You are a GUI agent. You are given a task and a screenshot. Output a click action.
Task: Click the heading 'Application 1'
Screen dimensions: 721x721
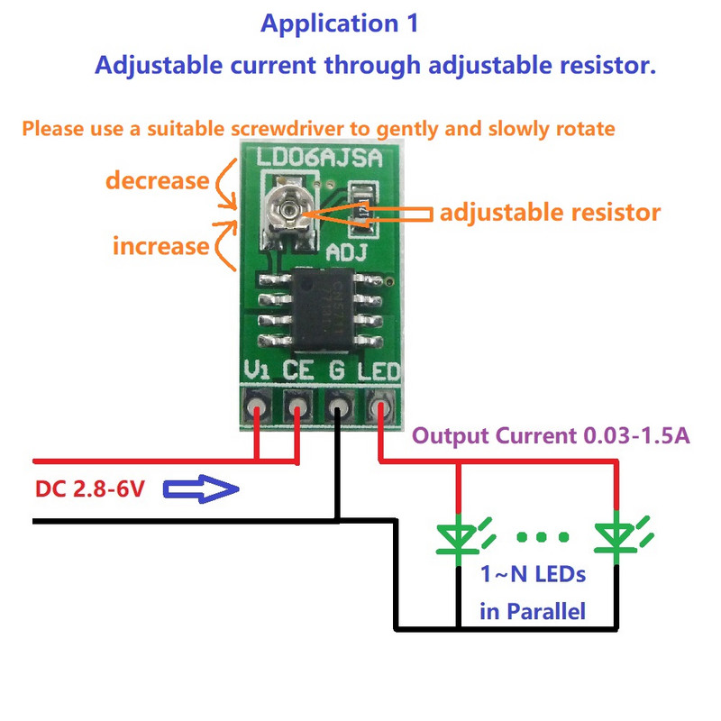click(339, 24)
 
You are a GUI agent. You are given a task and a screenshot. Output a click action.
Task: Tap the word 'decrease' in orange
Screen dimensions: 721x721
click(157, 180)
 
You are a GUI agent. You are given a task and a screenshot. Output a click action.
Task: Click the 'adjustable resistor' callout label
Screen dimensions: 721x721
click(550, 213)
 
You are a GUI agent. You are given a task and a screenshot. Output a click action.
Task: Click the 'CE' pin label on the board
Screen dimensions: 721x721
click(298, 370)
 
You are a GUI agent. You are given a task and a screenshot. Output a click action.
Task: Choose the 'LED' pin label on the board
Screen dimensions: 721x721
click(378, 370)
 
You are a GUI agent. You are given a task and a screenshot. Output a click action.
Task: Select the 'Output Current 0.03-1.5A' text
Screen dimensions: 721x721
click(551, 437)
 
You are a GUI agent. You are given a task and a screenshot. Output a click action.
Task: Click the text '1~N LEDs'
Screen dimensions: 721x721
click(532, 574)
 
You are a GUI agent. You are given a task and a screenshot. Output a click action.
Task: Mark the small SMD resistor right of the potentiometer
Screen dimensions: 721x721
click(361, 197)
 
